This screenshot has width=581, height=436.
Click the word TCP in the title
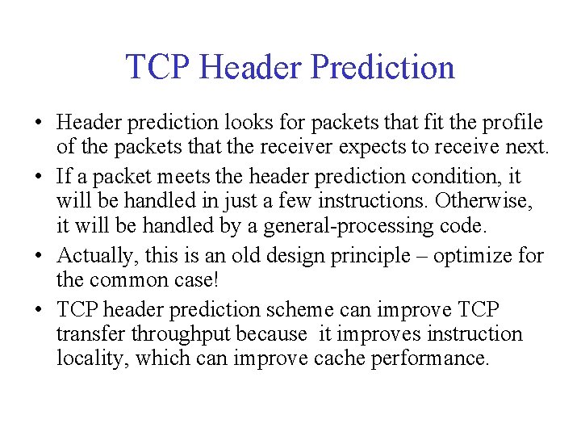pyautogui.click(x=157, y=67)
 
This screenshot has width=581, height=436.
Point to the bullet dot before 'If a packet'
pyautogui.click(x=38, y=174)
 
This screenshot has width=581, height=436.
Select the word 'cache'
pyautogui.click(x=339, y=358)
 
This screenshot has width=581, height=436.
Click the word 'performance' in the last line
pyautogui.click(x=429, y=358)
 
